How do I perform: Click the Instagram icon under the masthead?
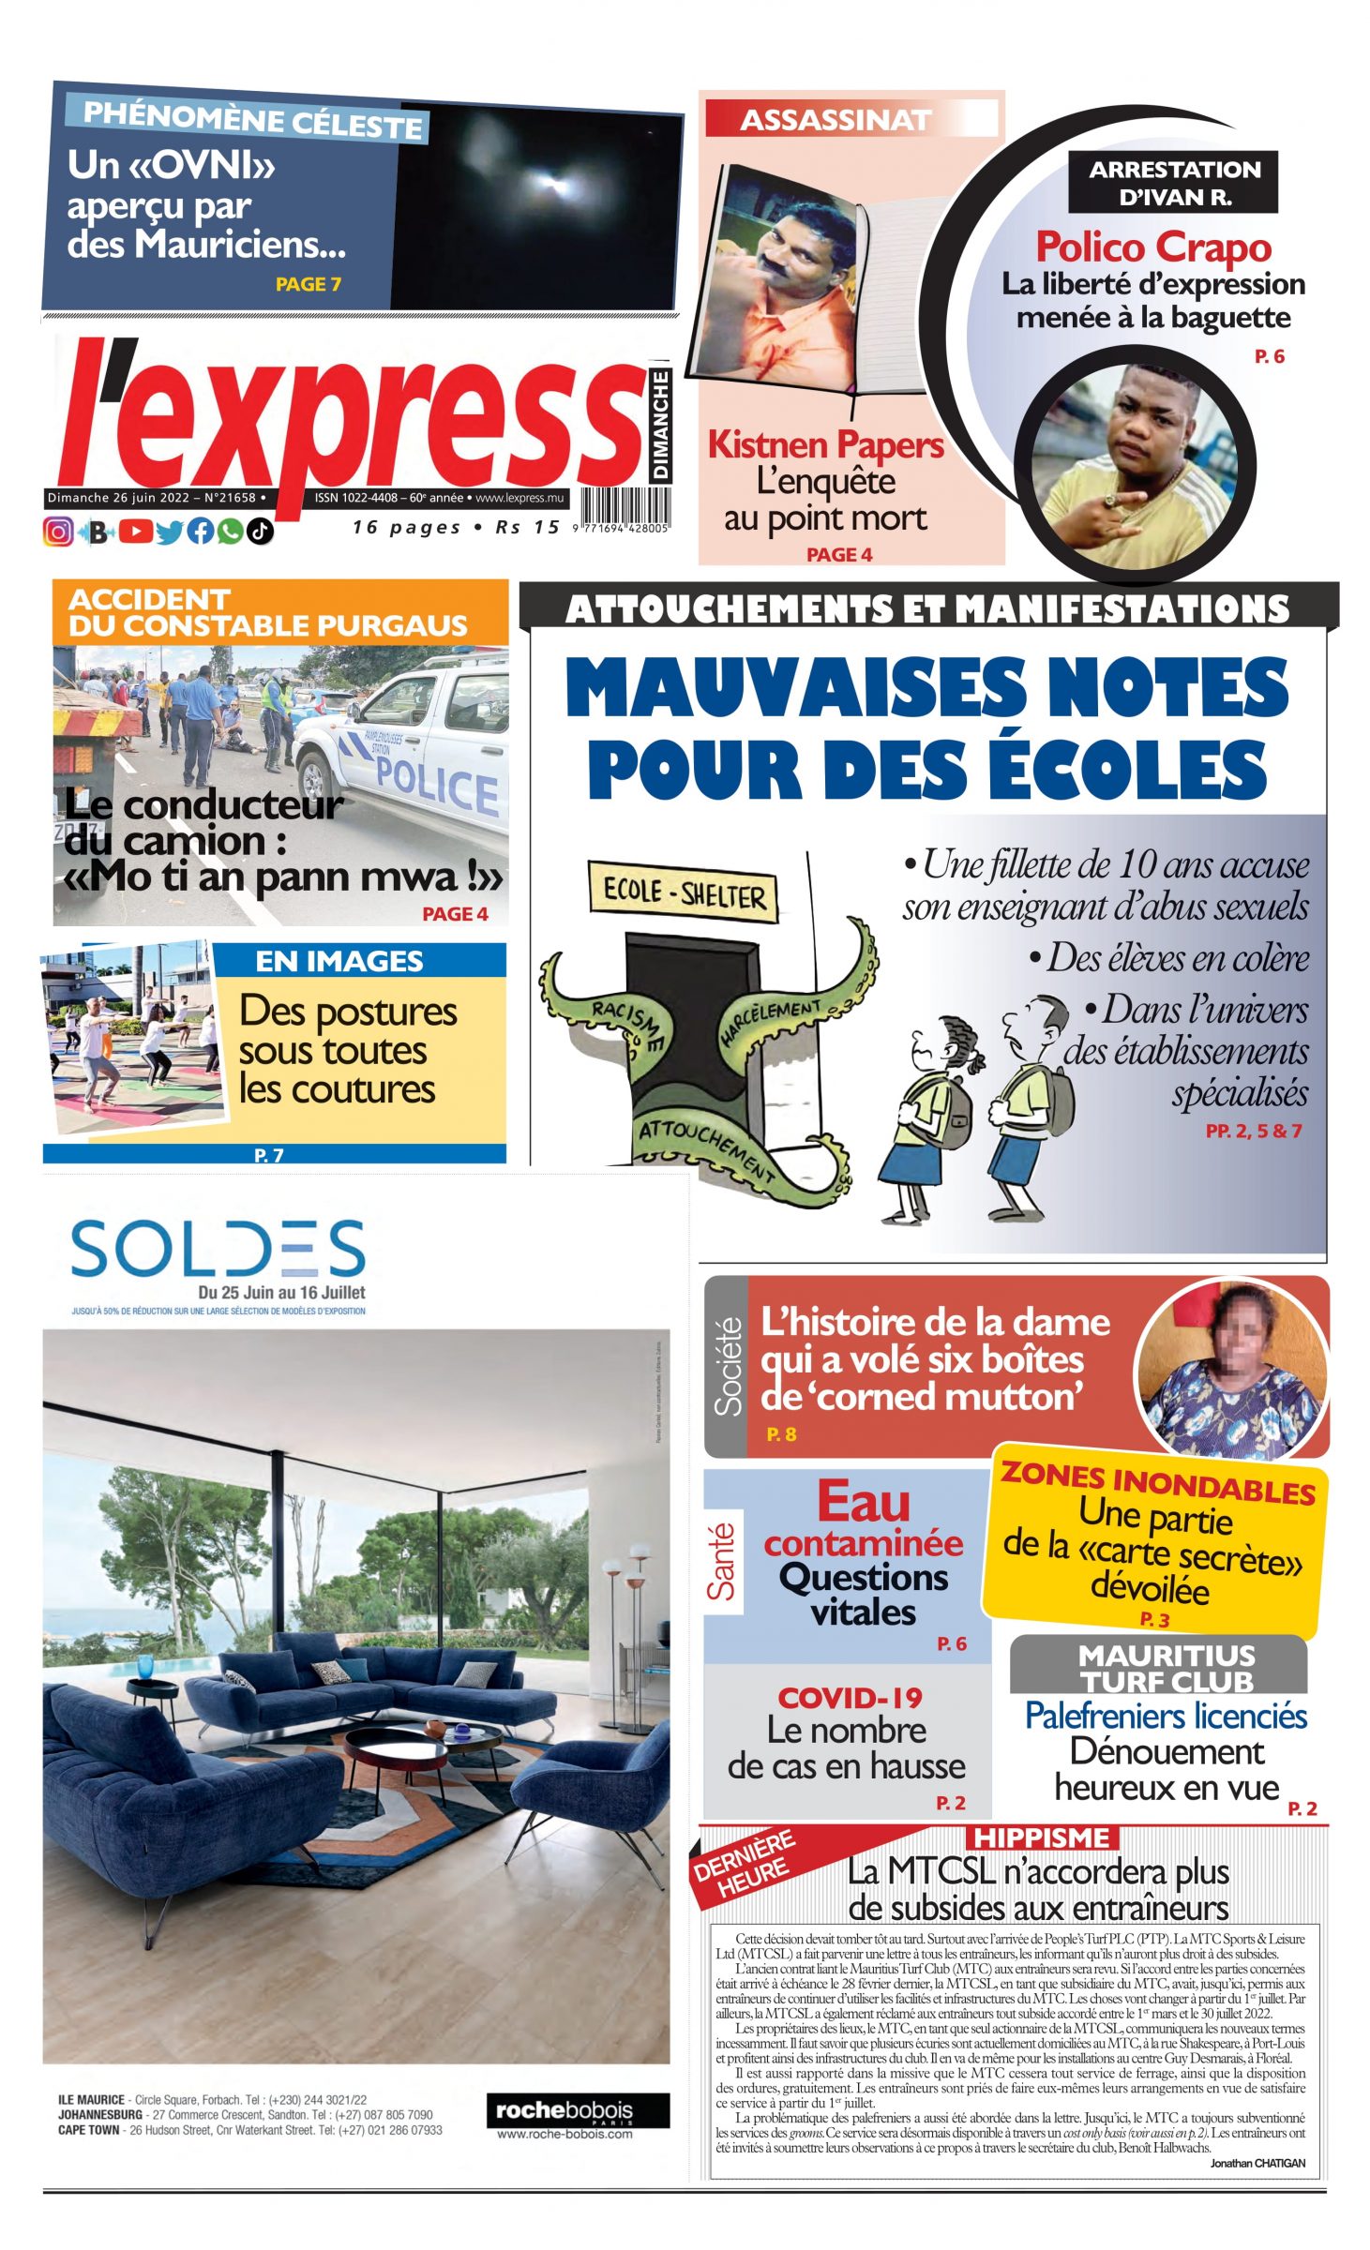(58, 532)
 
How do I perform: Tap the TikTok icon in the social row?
(261, 532)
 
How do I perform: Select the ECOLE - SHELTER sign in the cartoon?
(684, 893)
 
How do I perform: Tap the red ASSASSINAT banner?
(836, 120)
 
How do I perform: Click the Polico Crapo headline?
(1152, 247)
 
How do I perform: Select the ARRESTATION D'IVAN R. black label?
(1173, 183)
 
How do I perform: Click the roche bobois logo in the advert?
(578, 2110)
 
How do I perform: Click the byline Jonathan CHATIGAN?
(1257, 2163)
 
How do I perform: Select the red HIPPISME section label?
(1041, 1837)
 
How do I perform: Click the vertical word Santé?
(722, 1562)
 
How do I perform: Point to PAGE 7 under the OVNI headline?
(308, 284)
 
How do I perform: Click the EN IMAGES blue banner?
(339, 961)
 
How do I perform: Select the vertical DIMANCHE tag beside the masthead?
(661, 426)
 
